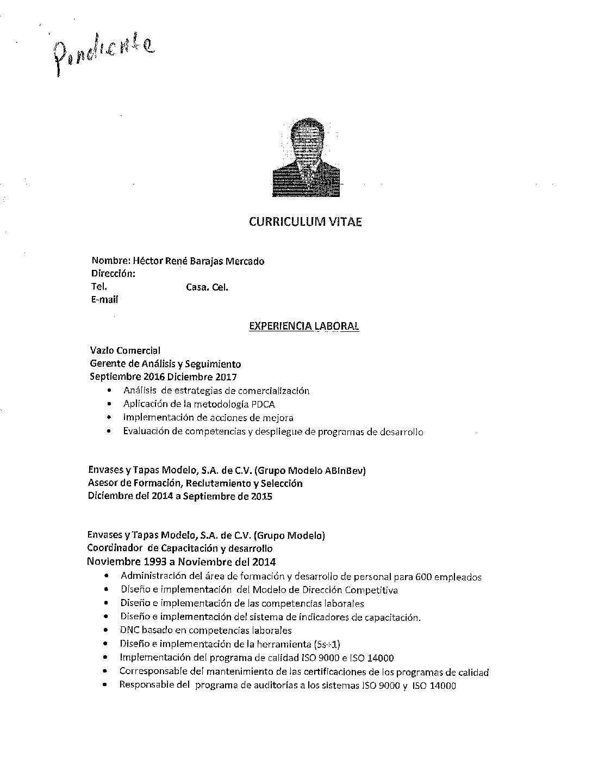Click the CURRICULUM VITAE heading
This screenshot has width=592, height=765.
pos(305,221)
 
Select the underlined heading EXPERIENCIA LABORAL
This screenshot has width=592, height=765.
pos(304,326)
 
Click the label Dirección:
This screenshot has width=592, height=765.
pos(113,274)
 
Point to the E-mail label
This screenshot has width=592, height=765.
pos(104,299)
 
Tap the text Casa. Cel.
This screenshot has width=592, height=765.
pos(207,287)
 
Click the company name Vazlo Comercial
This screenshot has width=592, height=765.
pos(125,350)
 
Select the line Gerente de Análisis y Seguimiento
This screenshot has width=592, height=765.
pos(165,364)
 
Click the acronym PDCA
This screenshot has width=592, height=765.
pos(263,404)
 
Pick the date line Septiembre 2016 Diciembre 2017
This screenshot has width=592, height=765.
pos(163,377)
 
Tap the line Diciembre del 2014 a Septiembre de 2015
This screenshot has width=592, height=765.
pos(180,496)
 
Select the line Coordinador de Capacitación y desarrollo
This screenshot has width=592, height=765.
pos(180,548)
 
